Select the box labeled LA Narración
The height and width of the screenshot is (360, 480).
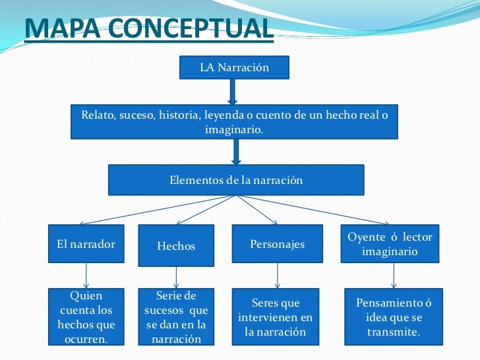pyautogui.click(x=234, y=67)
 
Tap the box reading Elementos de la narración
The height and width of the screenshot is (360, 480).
pyautogui.click(x=235, y=180)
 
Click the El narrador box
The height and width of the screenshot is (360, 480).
pyautogui.click(x=86, y=245)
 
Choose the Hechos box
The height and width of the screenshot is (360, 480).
pyautogui.click(x=176, y=246)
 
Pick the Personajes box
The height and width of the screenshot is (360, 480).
pyautogui.click(x=277, y=245)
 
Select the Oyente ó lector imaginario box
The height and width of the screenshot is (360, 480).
pyautogui.click(x=394, y=245)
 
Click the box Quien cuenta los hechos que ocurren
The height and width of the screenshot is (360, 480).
pyautogui.click(x=86, y=317)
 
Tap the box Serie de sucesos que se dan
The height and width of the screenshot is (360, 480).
pyautogui.click(x=176, y=317)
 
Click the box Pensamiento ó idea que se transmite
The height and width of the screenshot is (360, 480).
pyautogui.click(x=394, y=317)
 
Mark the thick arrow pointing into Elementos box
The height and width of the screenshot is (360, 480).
pyautogui.click(x=236, y=152)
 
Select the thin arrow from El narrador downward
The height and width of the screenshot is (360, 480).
pyautogui.click(x=86, y=276)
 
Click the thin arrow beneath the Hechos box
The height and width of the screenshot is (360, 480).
pyautogui.click(x=176, y=276)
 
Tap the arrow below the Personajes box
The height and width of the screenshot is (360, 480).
pyautogui.click(x=277, y=276)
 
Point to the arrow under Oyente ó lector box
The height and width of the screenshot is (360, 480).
pyautogui.click(x=394, y=276)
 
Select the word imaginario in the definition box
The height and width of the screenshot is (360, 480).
pyautogui.click(x=234, y=130)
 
